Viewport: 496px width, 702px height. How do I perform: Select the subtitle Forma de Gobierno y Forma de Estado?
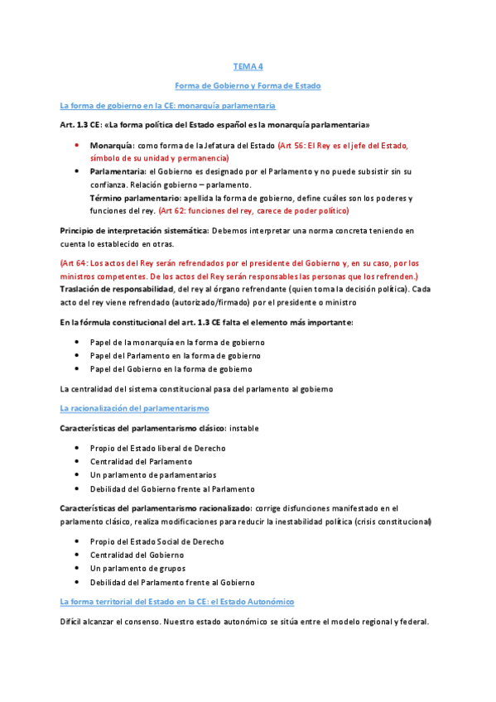click(248, 85)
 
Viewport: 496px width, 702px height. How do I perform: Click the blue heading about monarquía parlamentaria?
click(167, 106)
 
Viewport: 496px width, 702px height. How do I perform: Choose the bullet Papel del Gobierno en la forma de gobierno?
click(171, 368)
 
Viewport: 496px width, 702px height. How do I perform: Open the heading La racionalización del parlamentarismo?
click(134, 409)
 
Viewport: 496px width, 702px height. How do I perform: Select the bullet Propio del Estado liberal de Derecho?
click(158, 448)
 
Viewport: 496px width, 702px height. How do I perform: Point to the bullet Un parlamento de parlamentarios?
click(153, 475)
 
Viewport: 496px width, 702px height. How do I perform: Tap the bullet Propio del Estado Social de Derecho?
click(157, 541)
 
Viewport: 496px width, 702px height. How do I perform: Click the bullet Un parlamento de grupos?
click(137, 569)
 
